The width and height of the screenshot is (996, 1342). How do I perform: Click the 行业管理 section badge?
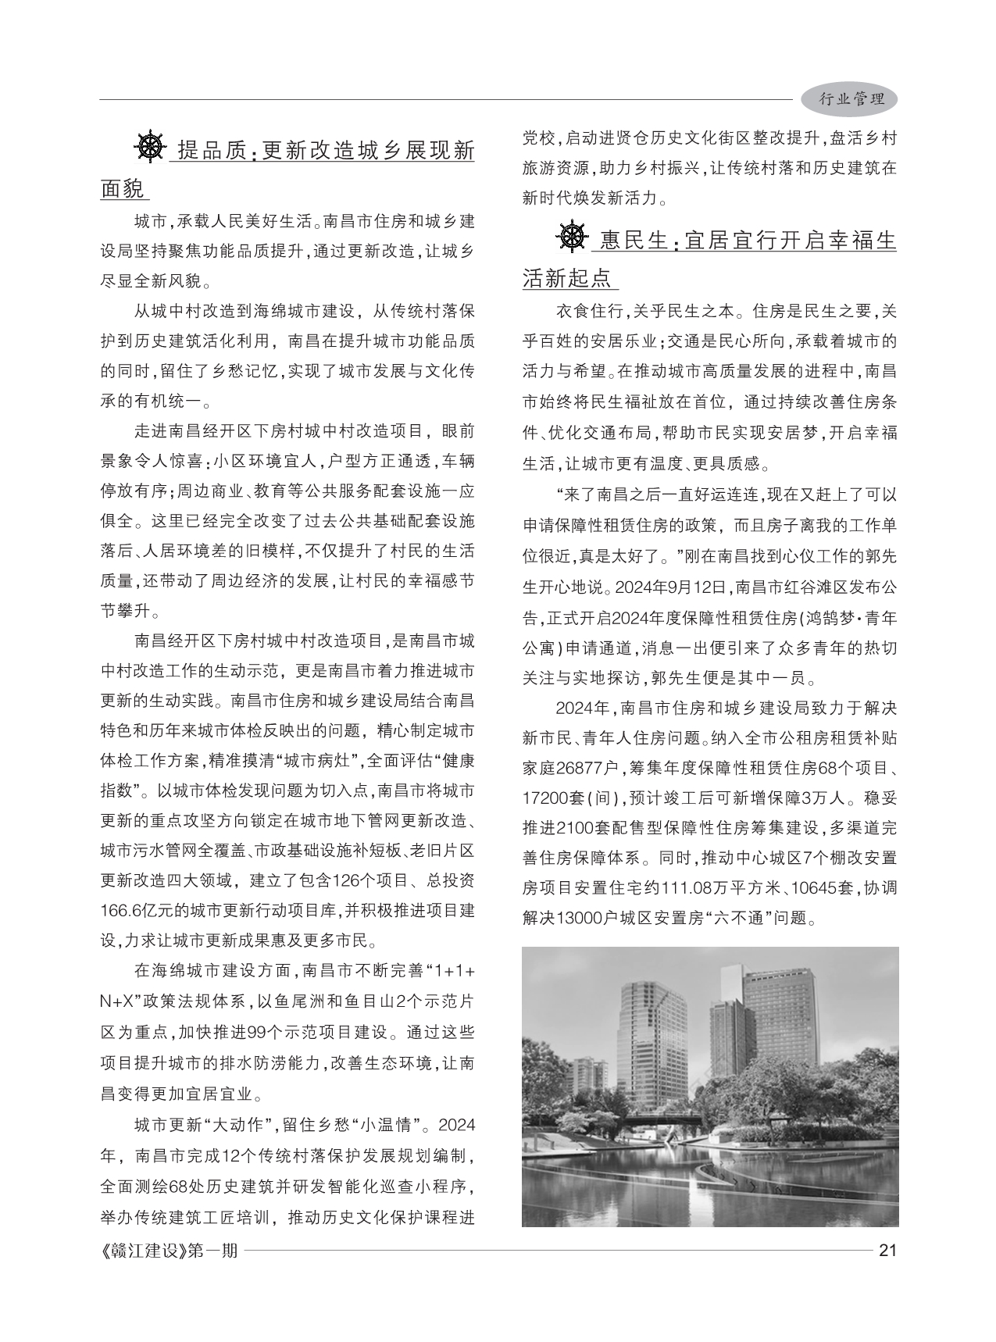[x=850, y=99]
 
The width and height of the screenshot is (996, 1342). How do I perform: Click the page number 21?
[x=887, y=1250]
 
